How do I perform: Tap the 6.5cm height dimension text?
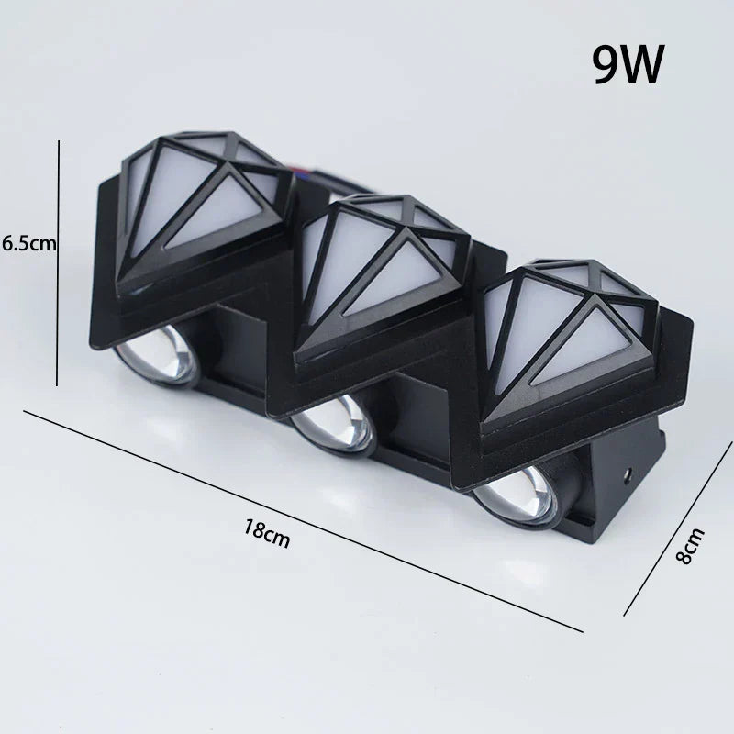29,243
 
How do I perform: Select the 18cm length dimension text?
267,532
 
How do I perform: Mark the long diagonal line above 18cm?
303,521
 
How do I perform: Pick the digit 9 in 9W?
605,64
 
